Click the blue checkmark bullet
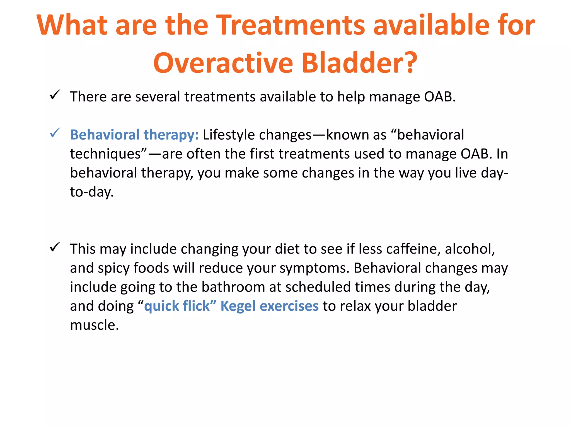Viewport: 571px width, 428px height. (55, 133)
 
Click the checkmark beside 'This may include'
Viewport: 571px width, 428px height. (55, 247)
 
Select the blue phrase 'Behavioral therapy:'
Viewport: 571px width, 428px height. (134, 135)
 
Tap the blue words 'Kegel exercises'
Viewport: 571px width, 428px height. (269, 306)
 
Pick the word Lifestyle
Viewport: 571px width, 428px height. (229, 135)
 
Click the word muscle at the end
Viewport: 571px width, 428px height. (94, 325)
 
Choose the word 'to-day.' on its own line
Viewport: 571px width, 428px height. (92, 192)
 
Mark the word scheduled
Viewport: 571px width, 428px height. (318, 287)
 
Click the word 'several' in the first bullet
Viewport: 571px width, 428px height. (158, 97)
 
